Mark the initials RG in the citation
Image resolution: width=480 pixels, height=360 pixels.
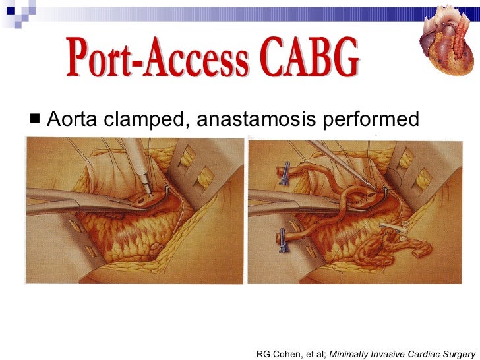(263, 336)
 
